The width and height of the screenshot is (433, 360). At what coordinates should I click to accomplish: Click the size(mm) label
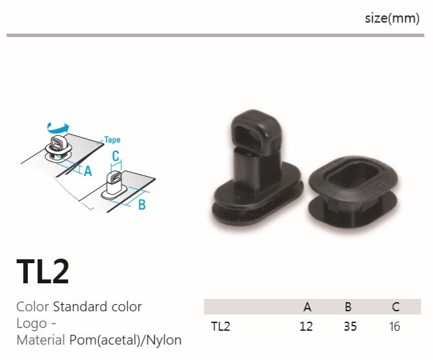[x=392, y=19]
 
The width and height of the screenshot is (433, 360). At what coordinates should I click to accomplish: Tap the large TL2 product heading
[x=43, y=272]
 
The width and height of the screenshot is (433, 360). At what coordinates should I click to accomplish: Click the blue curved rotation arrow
[x=58, y=128]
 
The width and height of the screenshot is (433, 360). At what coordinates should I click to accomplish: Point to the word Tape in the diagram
[x=112, y=140]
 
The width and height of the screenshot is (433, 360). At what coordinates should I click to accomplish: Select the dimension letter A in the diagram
[x=88, y=171]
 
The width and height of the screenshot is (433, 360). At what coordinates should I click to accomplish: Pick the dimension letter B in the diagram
[x=142, y=205]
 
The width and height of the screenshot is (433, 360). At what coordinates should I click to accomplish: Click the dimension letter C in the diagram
[x=116, y=156]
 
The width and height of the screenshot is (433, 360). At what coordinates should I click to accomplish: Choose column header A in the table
[x=307, y=307]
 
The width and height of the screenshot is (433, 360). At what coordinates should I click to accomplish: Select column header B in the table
[x=348, y=307]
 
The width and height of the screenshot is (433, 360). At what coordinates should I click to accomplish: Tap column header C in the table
[x=396, y=307]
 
